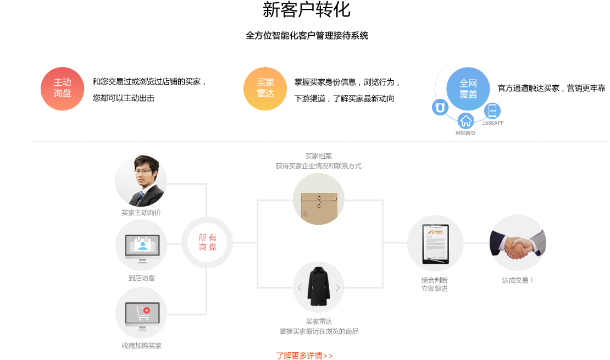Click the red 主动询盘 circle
point(62,88)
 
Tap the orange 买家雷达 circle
point(265,88)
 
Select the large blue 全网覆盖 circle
point(468,89)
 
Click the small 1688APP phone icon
point(492,111)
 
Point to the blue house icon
point(465,121)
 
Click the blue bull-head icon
point(440,107)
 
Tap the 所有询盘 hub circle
point(207,242)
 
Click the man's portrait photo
point(141,181)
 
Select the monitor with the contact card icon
point(142,248)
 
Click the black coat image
point(319,286)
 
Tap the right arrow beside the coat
point(337,287)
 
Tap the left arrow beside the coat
point(300,287)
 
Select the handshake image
point(518,243)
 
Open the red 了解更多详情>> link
point(304,356)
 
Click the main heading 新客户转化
point(307,10)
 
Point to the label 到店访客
point(142,278)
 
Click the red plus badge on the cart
point(147,311)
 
